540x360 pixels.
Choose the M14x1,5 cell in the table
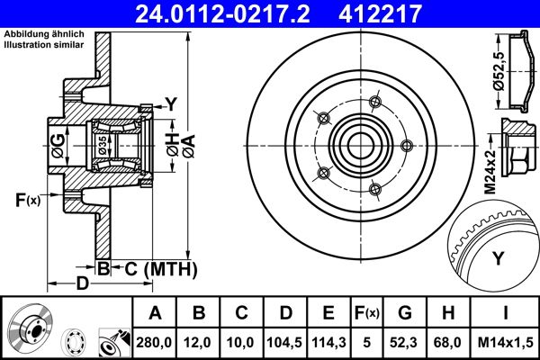pos(505,341)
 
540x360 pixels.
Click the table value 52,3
pos(405,341)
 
